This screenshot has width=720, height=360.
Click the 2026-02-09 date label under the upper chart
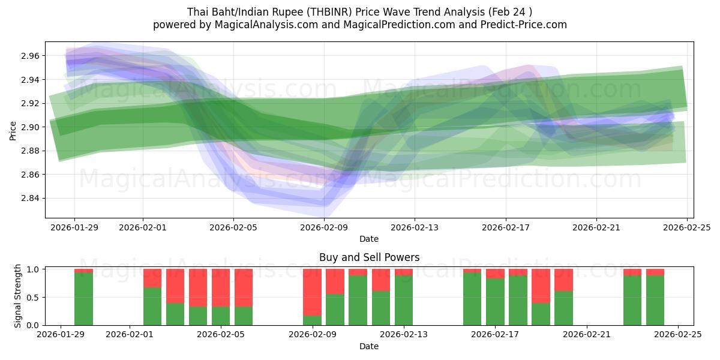pyautogui.click(x=324, y=227)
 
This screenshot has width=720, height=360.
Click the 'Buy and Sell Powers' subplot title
pyautogui.click(x=369, y=257)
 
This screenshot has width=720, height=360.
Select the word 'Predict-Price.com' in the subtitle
pyautogui.click(x=526, y=25)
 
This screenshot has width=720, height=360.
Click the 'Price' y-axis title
pyautogui.click(x=13, y=130)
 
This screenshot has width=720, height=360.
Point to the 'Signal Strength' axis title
pyautogui.click(x=18, y=296)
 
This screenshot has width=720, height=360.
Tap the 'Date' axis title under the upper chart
pyautogui.click(x=369, y=239)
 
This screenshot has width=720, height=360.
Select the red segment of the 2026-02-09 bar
pyautogui.click(x=312, y=292)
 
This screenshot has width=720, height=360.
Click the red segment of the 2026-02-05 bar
pyautogui.click(x=221, y=287)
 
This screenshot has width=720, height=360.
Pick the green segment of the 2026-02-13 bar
pyautogui.click(x=404, y=300)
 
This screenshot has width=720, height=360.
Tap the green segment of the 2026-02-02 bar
pyautogui.click(x=152, y=306)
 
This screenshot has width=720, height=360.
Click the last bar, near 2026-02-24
pyautogui.click(x=655, y=300)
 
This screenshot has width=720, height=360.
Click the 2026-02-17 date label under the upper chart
pyautogui.click(x=505, y=227)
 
